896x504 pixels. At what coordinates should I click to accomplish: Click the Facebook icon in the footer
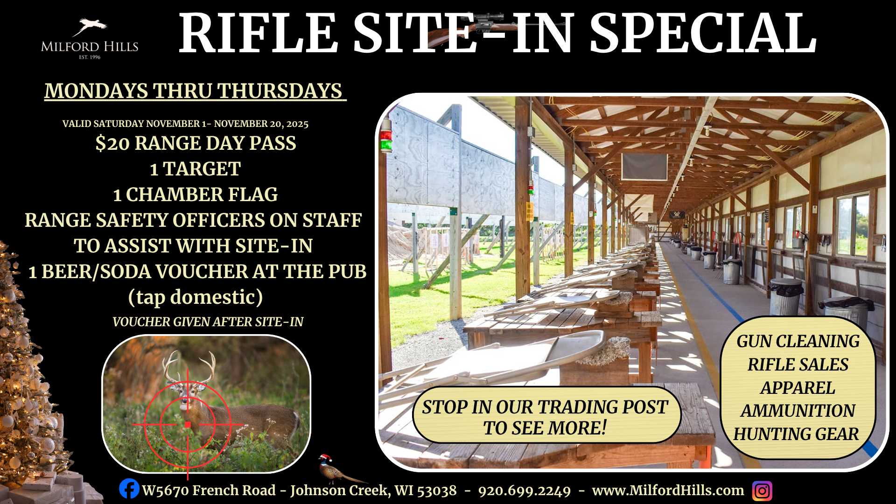[x=129, y=489]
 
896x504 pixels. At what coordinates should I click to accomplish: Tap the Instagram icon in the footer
[x=762, y=491]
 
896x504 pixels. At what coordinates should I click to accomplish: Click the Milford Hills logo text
[x=90, y=47]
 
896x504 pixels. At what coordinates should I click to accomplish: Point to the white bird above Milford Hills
[x=90, y=27]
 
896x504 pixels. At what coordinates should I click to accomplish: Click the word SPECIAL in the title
[x=703, y=33]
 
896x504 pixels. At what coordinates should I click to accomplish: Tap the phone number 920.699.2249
[x=525, y=491]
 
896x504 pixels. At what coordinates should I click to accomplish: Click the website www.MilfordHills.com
[x=668, y=490]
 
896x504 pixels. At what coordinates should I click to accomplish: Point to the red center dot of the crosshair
[x=188, y=425]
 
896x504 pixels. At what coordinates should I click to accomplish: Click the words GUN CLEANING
[x=798, y=342]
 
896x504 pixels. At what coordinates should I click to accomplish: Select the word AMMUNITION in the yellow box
[x=798, y=411]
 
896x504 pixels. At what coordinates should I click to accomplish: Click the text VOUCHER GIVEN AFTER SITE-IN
[x=208, y=322]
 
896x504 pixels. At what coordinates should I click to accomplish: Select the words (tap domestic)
[x=196, y=297]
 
